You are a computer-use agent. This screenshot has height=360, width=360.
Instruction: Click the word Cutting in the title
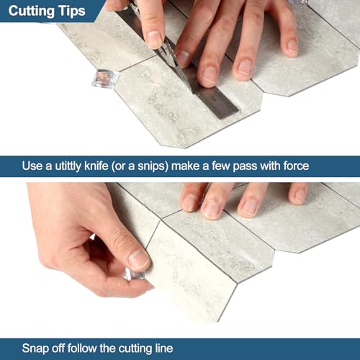(31, 12)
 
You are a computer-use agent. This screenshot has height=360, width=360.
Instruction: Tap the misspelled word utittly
(68, 166)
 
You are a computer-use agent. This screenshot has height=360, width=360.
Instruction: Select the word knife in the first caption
(96, 166)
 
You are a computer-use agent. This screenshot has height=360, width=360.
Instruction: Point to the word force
(296, 166)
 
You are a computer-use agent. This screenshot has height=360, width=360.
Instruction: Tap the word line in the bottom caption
(164, 348)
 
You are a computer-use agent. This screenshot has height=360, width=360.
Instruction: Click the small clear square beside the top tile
(104, 78)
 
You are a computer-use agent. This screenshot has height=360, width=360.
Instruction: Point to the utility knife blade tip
(192, 91)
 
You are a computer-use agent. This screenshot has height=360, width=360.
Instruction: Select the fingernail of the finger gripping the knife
(153, 40)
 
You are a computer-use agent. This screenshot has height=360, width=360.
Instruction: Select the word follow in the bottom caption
(81, 348)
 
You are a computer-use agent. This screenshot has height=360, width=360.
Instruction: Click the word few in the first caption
(221, 166)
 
